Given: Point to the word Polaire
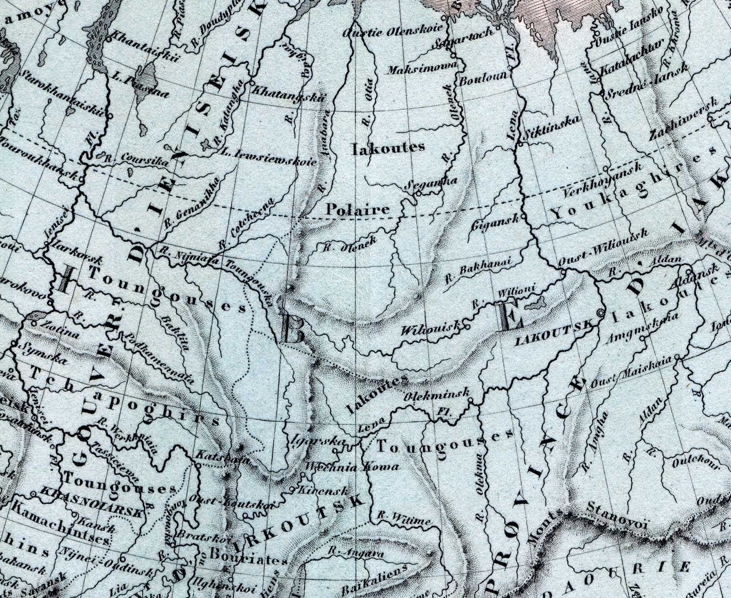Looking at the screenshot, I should click(358, 209).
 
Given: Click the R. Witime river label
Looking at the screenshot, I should click(403, 518).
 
